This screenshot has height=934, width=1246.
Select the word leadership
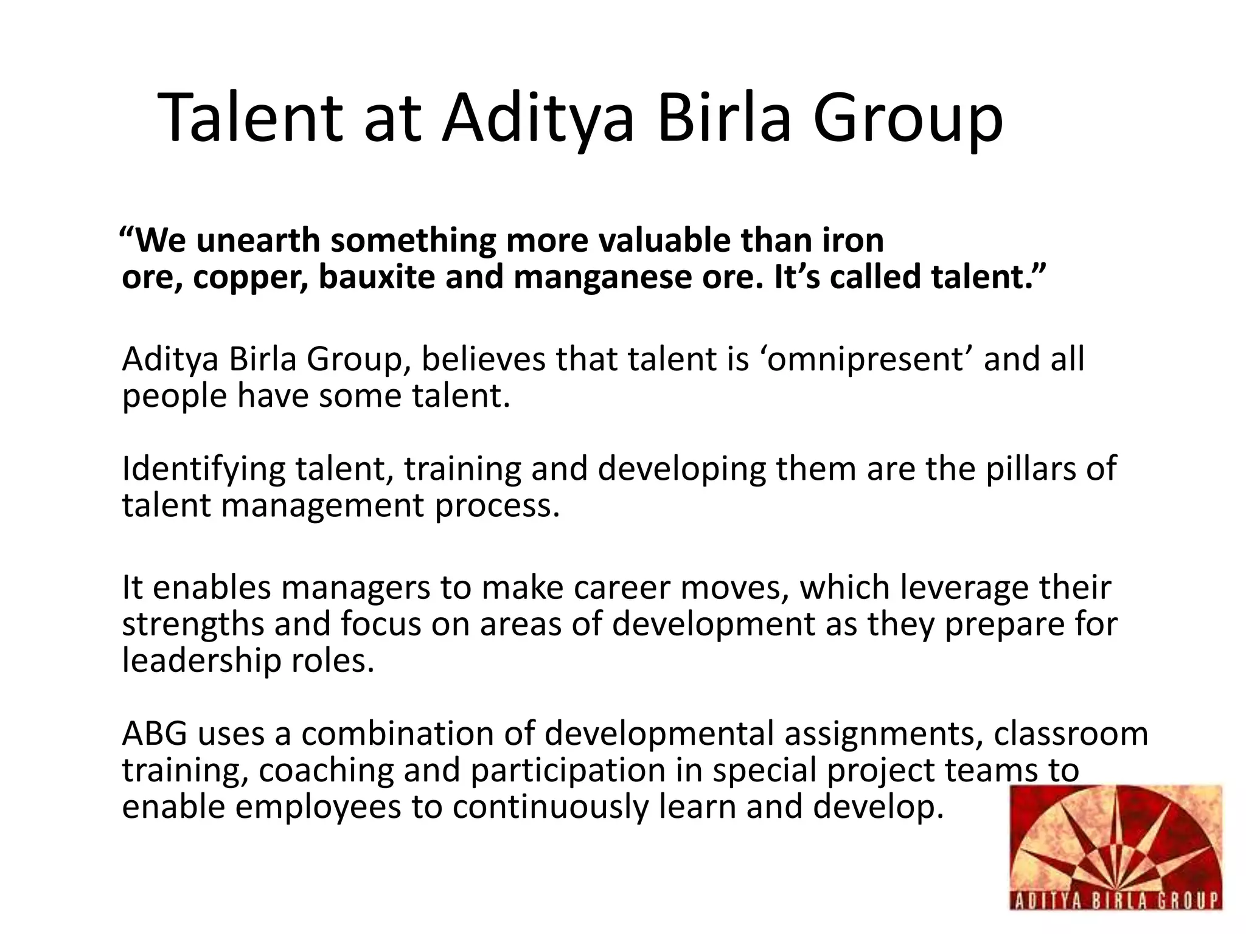click(201, 661)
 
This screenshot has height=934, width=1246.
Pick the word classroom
click(1071, 733)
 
